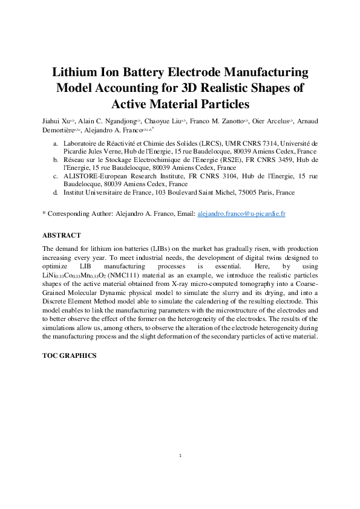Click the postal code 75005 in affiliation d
[240, 192]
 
